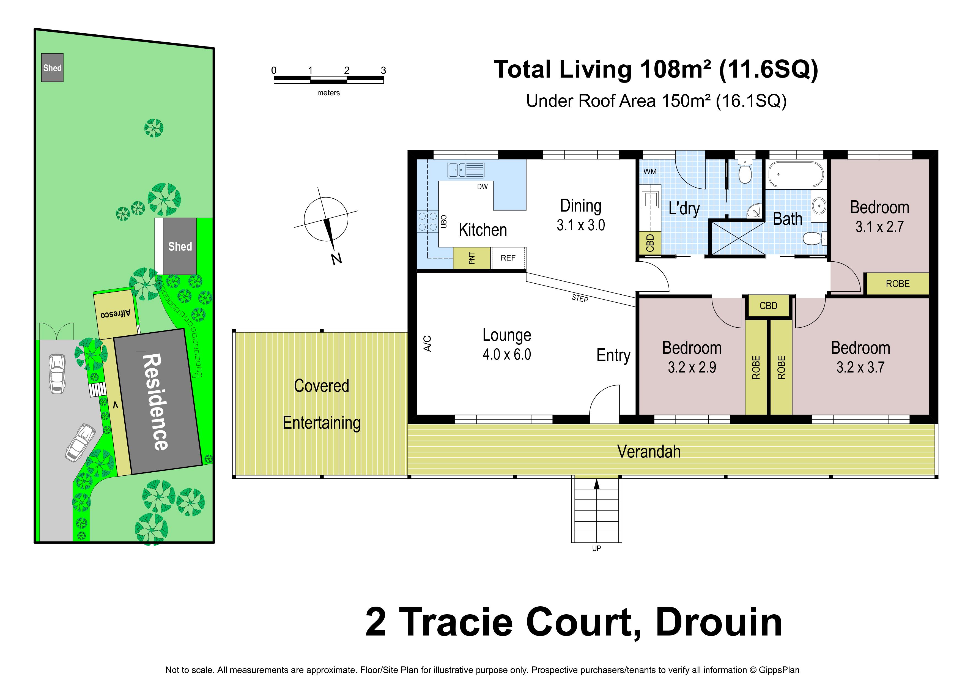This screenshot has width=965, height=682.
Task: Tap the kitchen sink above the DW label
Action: [466, 170]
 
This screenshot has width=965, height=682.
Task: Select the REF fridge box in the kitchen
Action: [508, 258]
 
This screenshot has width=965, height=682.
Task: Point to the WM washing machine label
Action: [650, 171]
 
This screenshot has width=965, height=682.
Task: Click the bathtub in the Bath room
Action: [796, 174]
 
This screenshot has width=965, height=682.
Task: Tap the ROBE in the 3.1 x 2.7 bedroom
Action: [898, 284]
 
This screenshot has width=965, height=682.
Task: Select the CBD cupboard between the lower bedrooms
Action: [768, 305]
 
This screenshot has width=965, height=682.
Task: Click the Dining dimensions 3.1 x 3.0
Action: [581, 225]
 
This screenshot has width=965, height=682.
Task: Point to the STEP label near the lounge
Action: [580, 298]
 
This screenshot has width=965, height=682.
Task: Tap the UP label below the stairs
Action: [596, 548]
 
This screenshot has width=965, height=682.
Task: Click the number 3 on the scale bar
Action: [383, 70]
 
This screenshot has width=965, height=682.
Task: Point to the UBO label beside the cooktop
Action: [444, 221]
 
